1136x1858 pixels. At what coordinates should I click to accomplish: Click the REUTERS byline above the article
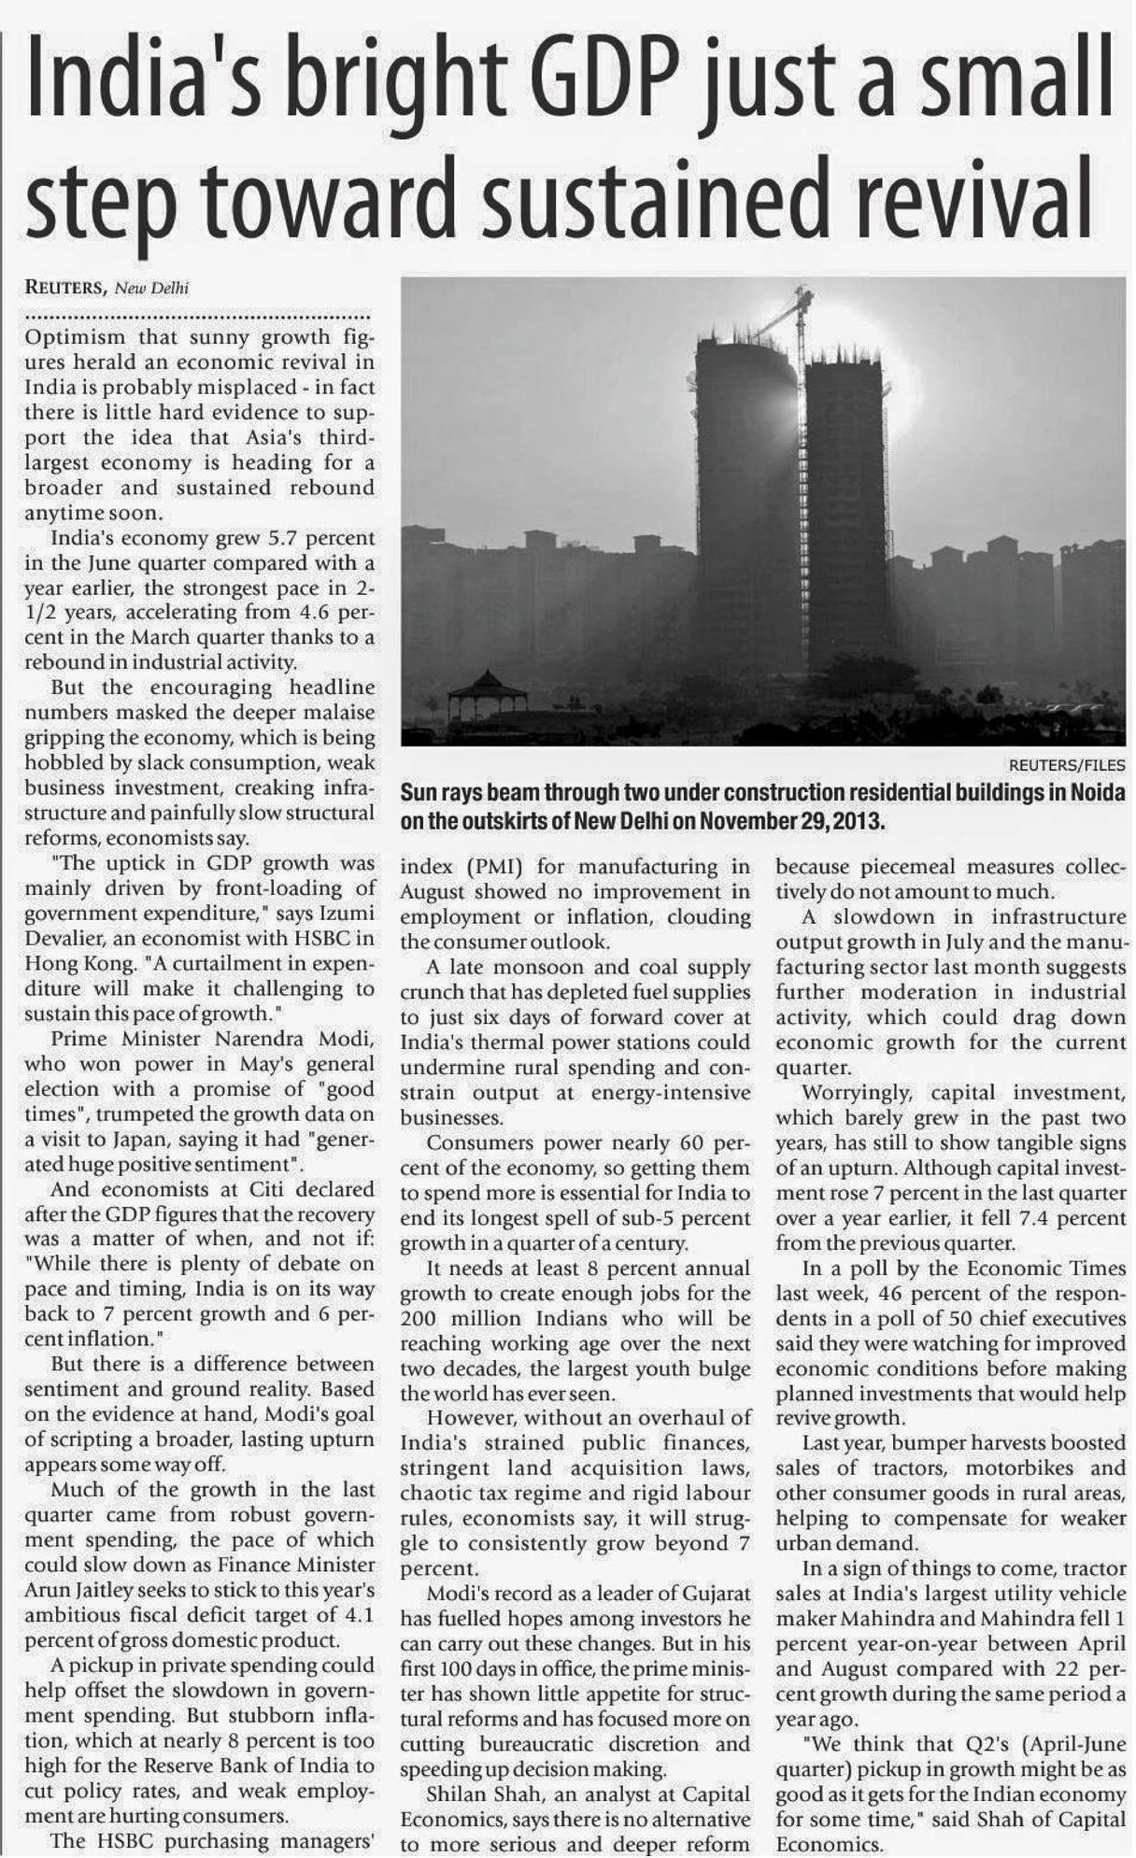63,288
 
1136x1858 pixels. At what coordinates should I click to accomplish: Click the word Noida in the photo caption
1094,794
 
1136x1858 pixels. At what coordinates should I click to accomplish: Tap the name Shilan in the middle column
457,1794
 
